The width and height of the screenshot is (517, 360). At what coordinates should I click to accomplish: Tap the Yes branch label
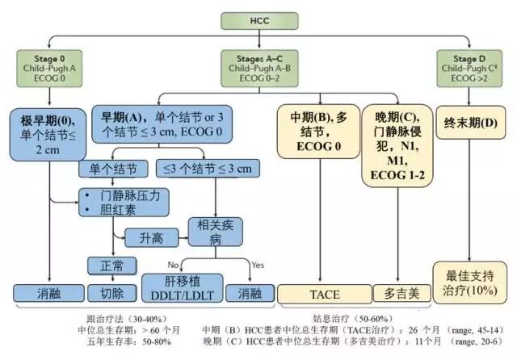point(258,265)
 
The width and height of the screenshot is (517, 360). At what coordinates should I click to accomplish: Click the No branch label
point(172,265)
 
